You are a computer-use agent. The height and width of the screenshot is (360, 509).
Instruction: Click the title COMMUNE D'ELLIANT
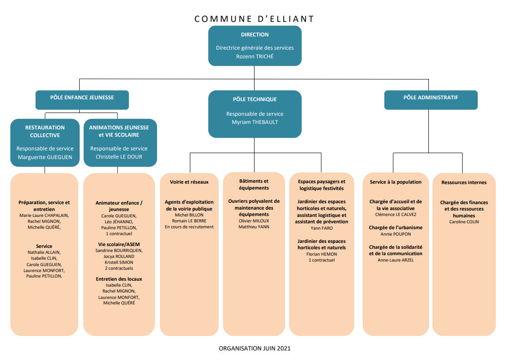coord(254,19)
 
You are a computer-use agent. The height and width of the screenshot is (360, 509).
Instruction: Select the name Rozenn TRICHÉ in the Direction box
coord(255,56)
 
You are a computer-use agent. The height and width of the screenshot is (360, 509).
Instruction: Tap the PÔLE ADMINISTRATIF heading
coord(431,98)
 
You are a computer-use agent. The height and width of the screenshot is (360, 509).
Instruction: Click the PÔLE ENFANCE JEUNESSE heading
coord(82,98)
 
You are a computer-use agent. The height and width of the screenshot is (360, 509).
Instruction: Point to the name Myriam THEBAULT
coord(255,122)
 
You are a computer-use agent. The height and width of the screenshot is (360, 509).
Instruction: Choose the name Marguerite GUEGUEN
coord(45,157)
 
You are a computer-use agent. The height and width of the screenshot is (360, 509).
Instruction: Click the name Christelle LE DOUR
coord(119,157)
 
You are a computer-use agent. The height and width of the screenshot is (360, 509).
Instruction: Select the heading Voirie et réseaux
coord(189,182)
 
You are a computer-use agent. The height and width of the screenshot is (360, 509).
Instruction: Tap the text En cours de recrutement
coord(189,227)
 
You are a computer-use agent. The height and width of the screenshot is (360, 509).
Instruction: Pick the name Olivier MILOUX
coord(254,221)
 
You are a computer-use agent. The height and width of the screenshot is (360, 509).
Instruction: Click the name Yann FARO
coord(322,228)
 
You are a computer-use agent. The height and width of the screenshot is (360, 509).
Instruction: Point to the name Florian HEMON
coord(322,254)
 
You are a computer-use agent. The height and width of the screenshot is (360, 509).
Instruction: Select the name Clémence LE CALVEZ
coord(396,215)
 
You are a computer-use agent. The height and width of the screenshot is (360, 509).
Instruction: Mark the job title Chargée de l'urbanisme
coord(396,227)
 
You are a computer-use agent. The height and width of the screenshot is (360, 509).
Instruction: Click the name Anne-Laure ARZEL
coord(396,260)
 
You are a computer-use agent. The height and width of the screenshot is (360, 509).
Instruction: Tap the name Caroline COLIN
coord(464,222)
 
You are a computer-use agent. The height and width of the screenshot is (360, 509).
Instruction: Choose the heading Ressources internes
coord(464,183)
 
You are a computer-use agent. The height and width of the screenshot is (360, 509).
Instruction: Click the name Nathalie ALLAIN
coord(44,252)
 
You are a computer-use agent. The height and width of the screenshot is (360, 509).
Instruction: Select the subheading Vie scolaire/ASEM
coord(119,244)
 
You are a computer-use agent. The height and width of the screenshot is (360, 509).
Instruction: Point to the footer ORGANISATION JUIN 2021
coord(254,348)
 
